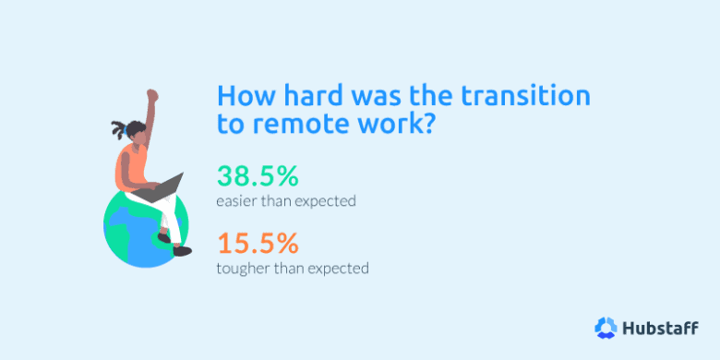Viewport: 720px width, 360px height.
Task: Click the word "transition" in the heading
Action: point(522,97)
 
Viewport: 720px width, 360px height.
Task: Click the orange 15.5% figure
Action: point(258,245)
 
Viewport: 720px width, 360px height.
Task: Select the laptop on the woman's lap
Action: point(162,187)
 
